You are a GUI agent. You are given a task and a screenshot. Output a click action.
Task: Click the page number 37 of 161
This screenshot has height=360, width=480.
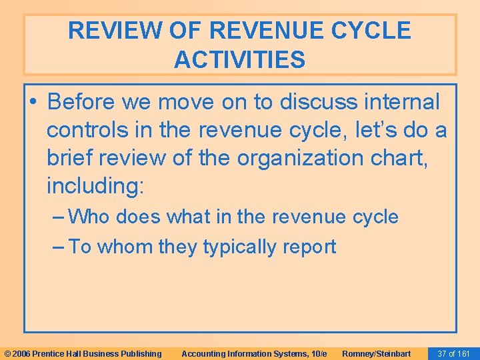[x=453, y=353]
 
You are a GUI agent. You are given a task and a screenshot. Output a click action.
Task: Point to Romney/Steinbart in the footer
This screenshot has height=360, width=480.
[x=376, y=353]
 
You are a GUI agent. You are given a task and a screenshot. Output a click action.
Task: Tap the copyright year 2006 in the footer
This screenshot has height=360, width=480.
[x=21, y=353]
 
